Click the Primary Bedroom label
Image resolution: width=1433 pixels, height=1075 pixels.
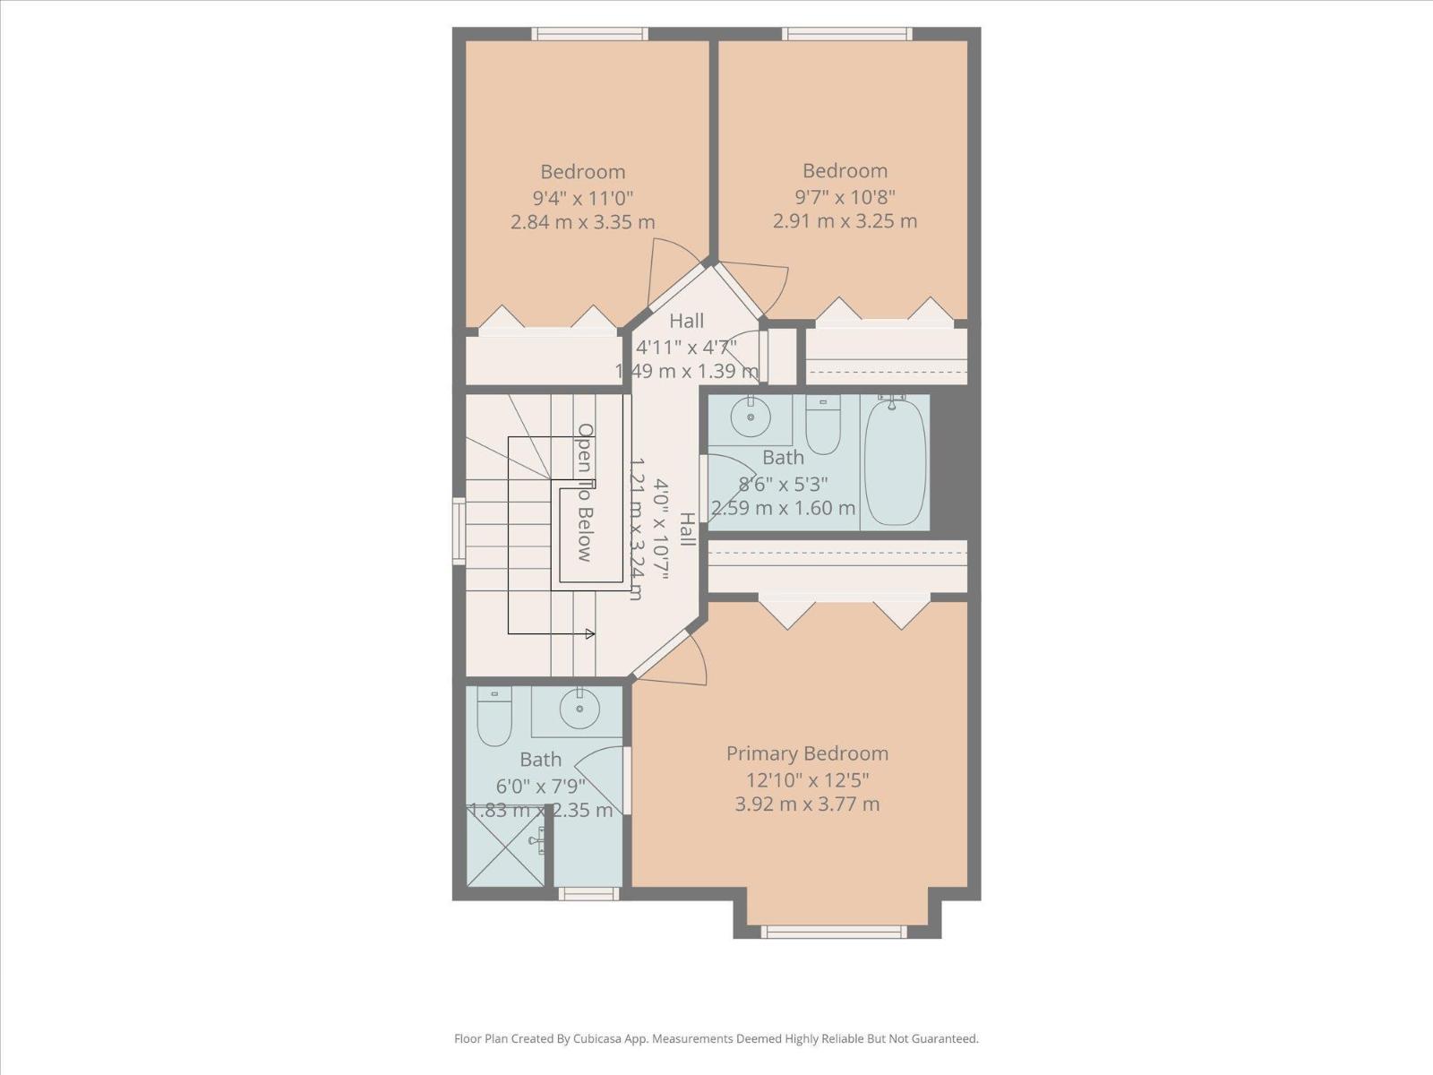(x=807, y=753)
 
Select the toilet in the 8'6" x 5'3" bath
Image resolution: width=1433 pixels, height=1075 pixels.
(x=822, y=427)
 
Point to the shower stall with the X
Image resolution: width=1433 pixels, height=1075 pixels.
(x=506, y=846)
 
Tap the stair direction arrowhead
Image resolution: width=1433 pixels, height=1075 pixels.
(x=589, y=634)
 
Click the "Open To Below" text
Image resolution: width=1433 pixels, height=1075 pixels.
(x=585, y=493)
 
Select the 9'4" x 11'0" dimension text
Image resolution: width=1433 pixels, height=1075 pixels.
(x=582, y=197)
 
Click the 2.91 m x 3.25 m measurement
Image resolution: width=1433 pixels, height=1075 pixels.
(x=845, y=220)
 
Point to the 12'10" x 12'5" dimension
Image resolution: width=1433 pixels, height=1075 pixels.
(x=807, y=779)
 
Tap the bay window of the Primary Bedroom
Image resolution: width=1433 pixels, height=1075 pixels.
(x=834, y=932)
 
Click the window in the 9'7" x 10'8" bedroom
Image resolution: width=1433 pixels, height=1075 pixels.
(x=846, y=34)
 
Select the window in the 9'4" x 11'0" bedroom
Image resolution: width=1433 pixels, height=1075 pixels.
(x=588, y=34)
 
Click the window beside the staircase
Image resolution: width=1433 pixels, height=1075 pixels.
(x=459, y=531)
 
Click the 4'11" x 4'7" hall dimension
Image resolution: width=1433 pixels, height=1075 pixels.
(x=686, y=347)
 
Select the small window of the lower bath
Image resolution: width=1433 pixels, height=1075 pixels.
(x=588, y=893)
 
